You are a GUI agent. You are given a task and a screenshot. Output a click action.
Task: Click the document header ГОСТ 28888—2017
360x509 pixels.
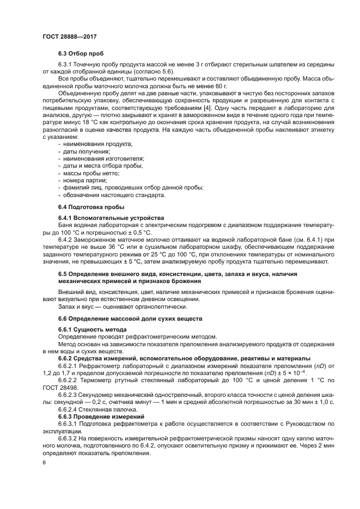pyautogui.click(x=70, y=37)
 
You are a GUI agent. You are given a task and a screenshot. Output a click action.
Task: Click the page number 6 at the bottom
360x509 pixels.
pyautogui.click(x=45, y=462)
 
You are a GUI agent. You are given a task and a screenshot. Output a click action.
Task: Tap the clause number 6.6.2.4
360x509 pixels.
pyautogui.click(x=69, y=408)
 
